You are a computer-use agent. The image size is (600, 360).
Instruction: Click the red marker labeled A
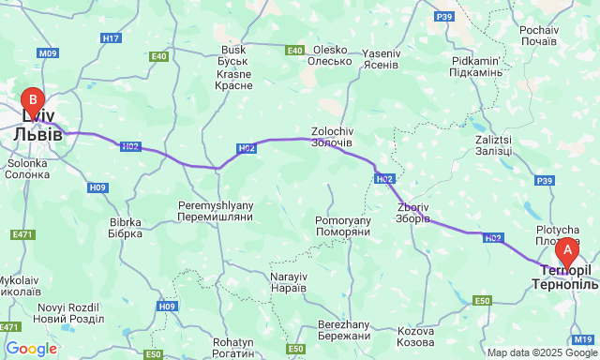pos(566,250)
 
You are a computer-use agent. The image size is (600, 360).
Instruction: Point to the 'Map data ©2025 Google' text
pos(540,352)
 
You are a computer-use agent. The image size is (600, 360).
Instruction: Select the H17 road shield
pos(112,37)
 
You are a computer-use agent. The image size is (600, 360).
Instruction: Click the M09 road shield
pos(49,53)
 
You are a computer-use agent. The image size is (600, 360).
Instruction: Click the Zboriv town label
pos(413,213)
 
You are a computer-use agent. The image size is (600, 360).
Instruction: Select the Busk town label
pos(232,56)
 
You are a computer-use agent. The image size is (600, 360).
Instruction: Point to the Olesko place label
pos(331,56)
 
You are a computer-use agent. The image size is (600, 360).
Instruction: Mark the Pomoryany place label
pos(343,226)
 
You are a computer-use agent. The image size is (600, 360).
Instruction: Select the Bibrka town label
pos(125,228)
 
